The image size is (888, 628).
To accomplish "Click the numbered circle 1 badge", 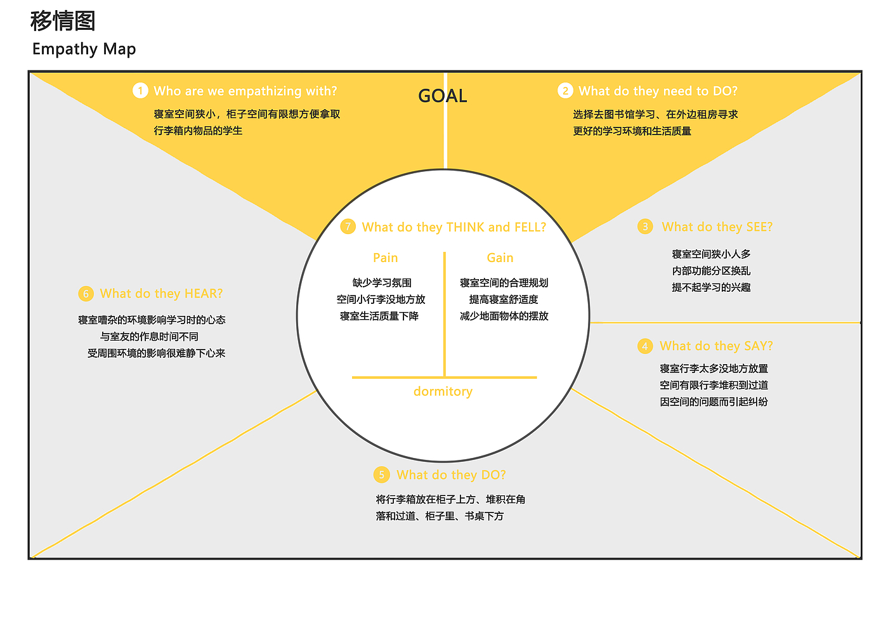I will (140, 91).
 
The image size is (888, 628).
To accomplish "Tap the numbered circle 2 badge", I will (565, 91).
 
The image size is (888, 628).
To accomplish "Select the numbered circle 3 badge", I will (645, 227).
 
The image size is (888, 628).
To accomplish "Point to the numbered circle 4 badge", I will (644, 346).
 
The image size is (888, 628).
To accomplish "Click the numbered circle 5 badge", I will (381, 475).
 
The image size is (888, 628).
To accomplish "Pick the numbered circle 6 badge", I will (86, 294).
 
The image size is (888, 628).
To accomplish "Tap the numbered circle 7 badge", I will (348, 227).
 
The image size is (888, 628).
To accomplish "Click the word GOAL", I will (443, 96).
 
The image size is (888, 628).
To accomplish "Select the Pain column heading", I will (385, 258).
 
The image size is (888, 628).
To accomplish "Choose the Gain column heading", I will (500, 258).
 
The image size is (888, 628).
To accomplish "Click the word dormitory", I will (443, 391).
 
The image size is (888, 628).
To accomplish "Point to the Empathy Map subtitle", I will (84, 49).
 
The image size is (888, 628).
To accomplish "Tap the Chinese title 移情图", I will (63, 21).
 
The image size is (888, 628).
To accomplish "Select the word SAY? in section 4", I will (759, 346).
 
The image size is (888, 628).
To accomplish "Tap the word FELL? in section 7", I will (530, 227).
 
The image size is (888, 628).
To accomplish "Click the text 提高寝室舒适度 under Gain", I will (504, 299).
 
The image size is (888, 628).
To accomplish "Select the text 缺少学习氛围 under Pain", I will (382, 283).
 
